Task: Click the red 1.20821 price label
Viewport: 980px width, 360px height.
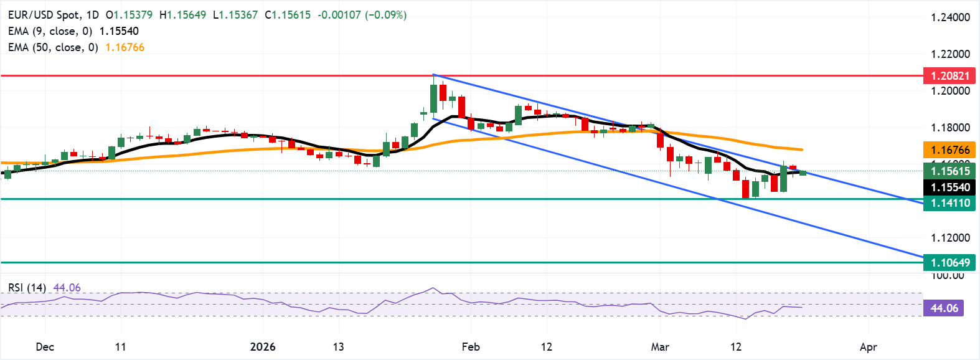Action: tap(949, 76)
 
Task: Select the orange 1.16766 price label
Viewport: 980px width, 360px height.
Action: tap(949, 149)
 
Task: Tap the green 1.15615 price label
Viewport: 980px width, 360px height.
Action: tap(949, 171)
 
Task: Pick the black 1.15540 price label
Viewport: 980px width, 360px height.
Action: tap(949, 187)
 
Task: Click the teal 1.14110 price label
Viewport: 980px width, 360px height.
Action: tap(949, 202)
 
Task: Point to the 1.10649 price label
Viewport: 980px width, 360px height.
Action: tap(949, 262)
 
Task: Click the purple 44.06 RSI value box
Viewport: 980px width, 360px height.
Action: tap(944, 308)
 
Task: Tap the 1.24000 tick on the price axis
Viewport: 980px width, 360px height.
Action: tap(950, 17)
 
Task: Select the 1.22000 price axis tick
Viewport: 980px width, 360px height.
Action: tap(950, 54)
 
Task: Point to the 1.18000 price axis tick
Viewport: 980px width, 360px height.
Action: tap(950, 128)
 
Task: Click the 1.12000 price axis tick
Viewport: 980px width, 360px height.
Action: tap(950, 238)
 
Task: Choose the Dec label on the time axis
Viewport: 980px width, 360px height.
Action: tap(45, 347)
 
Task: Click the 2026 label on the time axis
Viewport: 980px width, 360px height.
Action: tap(262, 347)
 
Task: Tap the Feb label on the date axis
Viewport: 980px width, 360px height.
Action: tap(471, 347)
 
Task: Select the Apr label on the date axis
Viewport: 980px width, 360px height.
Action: tap(868, 347)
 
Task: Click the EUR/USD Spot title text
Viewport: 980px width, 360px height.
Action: tap(45, 14)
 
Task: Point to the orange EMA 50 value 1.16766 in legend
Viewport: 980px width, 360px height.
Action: tap(125, 47)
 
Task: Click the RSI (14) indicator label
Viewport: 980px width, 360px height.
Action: tap(27, 288)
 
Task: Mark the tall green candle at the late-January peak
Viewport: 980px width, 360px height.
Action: tap(433, 98)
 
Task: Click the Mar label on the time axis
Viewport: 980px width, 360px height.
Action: tap(660, 347)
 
